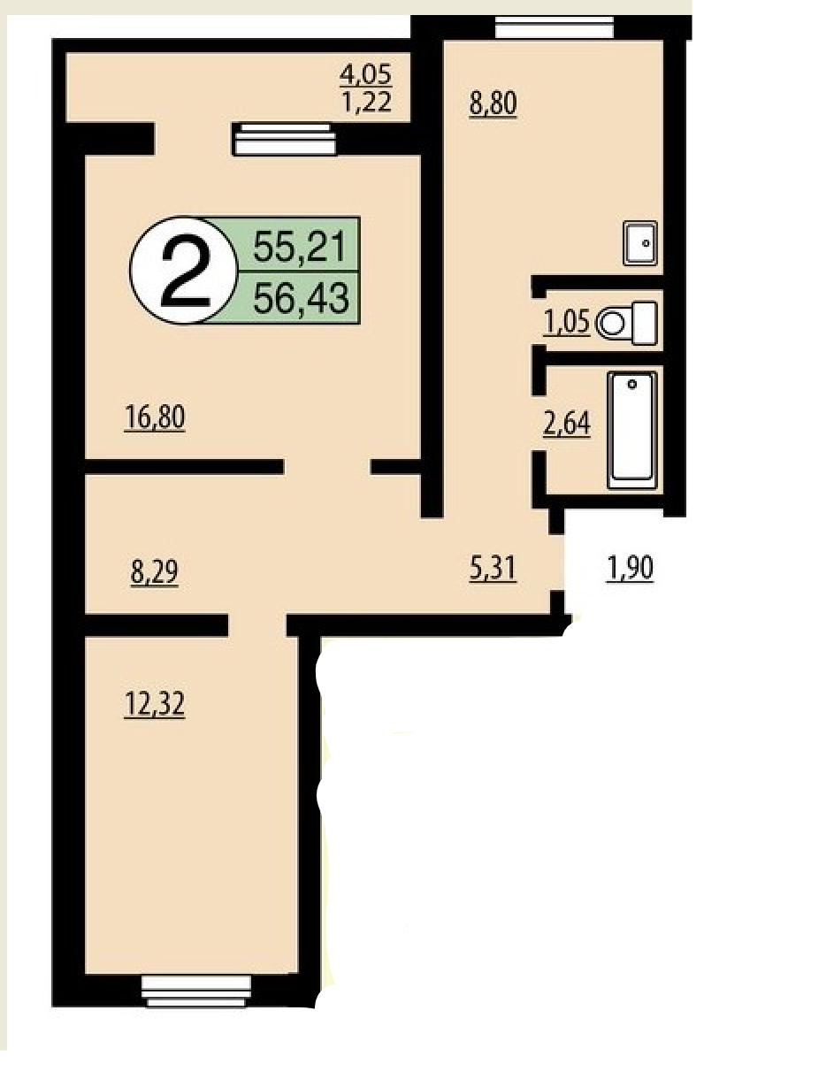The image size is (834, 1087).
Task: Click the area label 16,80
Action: click(x=155, y=417)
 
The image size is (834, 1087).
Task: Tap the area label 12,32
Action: click(x=155, y=704)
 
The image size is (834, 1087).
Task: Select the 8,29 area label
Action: click(x=155, y=571)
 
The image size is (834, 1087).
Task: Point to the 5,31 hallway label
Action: click(x=493, y=568)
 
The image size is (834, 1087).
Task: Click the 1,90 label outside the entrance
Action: click(x=630, y=568)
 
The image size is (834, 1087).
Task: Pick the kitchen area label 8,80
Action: click(x=493, y=103)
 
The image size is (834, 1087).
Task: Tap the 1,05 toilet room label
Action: click(x=567, y=321)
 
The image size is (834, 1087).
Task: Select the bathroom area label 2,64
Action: click(x=567, y=423)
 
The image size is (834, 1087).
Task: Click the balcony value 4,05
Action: click(x=365, y=75)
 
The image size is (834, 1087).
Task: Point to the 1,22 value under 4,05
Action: click(x=366, y=102)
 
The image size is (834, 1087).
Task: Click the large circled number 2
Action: click(x=185, y=271)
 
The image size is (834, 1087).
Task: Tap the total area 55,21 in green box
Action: click(x=300, y=247)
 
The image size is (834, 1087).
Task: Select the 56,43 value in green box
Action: click(x=301, y=297)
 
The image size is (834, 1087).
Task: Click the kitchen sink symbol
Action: click(x=640, y=243)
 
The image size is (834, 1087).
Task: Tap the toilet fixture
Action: click(x=627, y=323)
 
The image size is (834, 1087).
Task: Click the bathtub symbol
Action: click(x=632, y=430)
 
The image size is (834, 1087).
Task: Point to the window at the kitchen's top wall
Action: click(x=554, y=27)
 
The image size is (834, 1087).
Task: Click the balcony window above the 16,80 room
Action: click(x=285, y=140)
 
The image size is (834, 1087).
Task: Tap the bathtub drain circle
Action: click(x=632, y=384)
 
